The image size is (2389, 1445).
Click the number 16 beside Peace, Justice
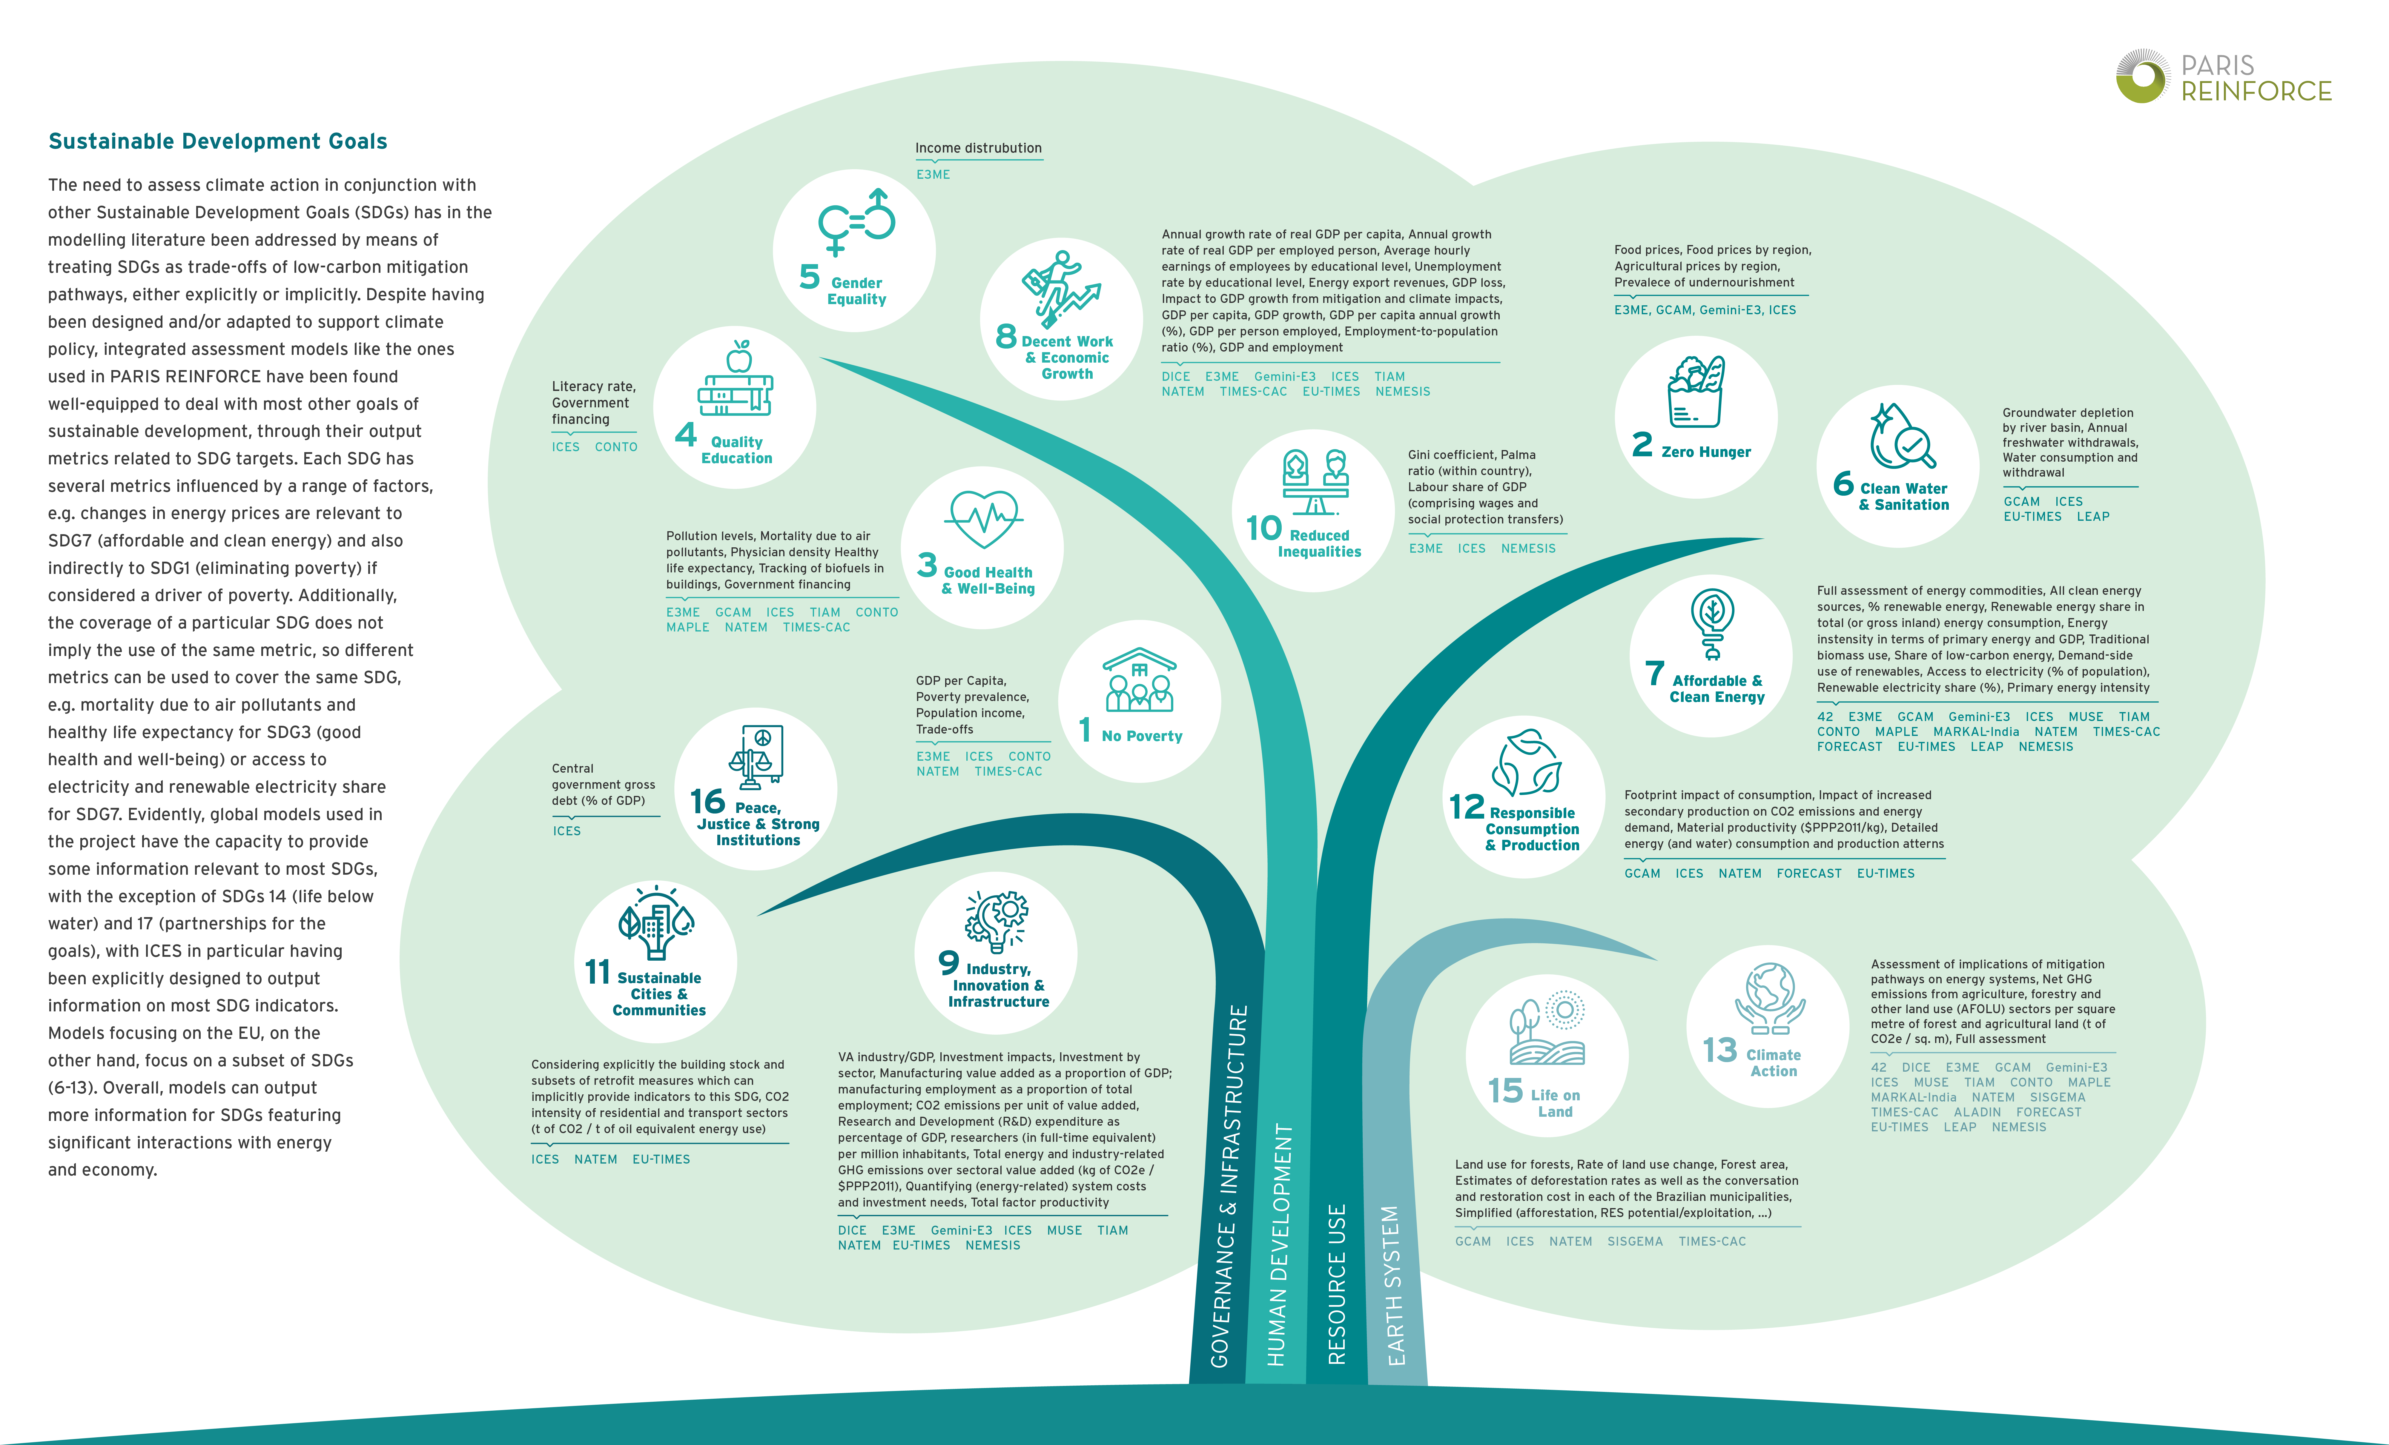708,802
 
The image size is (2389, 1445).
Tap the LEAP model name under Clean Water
2092,517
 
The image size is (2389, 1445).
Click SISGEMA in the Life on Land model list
1635,1241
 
